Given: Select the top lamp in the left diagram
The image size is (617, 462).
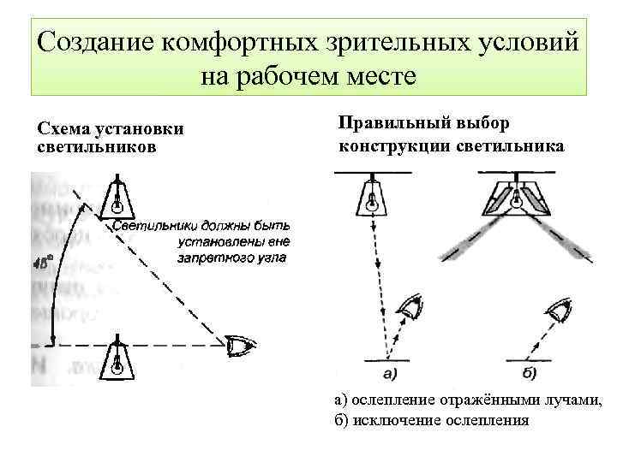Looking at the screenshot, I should click(117, 198).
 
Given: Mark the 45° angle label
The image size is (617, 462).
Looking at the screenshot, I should click(42, 263).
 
